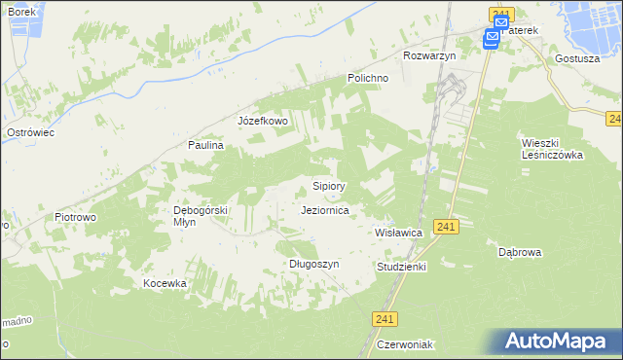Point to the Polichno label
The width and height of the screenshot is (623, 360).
click(369, 78)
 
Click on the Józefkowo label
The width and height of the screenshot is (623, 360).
click(263, 121)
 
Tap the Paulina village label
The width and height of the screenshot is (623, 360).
click(206, 145)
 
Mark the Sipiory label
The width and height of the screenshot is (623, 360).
click(329, 185)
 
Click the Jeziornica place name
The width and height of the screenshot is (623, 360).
click(333, 209)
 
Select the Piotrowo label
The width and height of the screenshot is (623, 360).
click(75, 217)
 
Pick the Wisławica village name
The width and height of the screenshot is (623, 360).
click(398, 234)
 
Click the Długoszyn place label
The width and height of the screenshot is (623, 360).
click(313, 264)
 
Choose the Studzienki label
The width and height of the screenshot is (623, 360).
click(401, 266)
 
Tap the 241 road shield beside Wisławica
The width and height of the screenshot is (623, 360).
click(445, 227)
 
